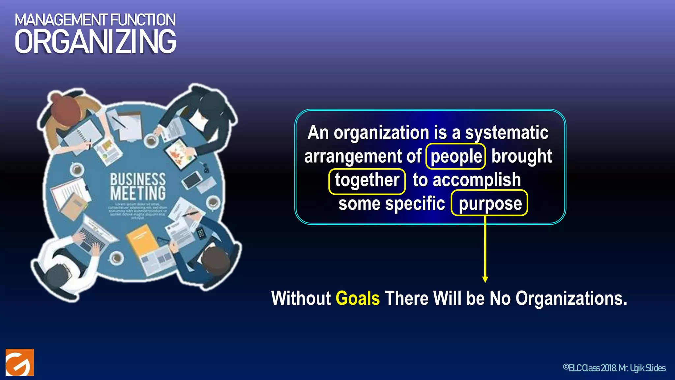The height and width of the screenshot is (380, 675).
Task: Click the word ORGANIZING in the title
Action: coord(95,42)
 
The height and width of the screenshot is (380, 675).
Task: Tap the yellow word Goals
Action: coord(358,298)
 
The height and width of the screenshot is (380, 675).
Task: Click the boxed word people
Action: coord(456,156)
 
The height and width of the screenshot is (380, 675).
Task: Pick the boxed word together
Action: coord(367,180)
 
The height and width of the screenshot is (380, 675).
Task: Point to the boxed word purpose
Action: coord(490,204)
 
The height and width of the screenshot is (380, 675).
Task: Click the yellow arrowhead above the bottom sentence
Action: coord(485,279)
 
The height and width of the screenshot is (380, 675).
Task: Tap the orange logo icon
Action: coord(20,362)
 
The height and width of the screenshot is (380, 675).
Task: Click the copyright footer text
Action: coord(614,368)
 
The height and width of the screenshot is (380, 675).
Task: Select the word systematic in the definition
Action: coord(507,133)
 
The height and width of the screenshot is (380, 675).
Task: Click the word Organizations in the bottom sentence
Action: coord(571,298)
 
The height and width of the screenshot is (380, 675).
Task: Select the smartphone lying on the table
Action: coord(192,180)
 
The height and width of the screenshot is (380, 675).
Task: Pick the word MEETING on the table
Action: coord(138,193)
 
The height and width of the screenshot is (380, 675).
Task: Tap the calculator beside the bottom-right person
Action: coord(201,234)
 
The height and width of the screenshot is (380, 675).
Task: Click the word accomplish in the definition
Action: coord(477,180)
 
